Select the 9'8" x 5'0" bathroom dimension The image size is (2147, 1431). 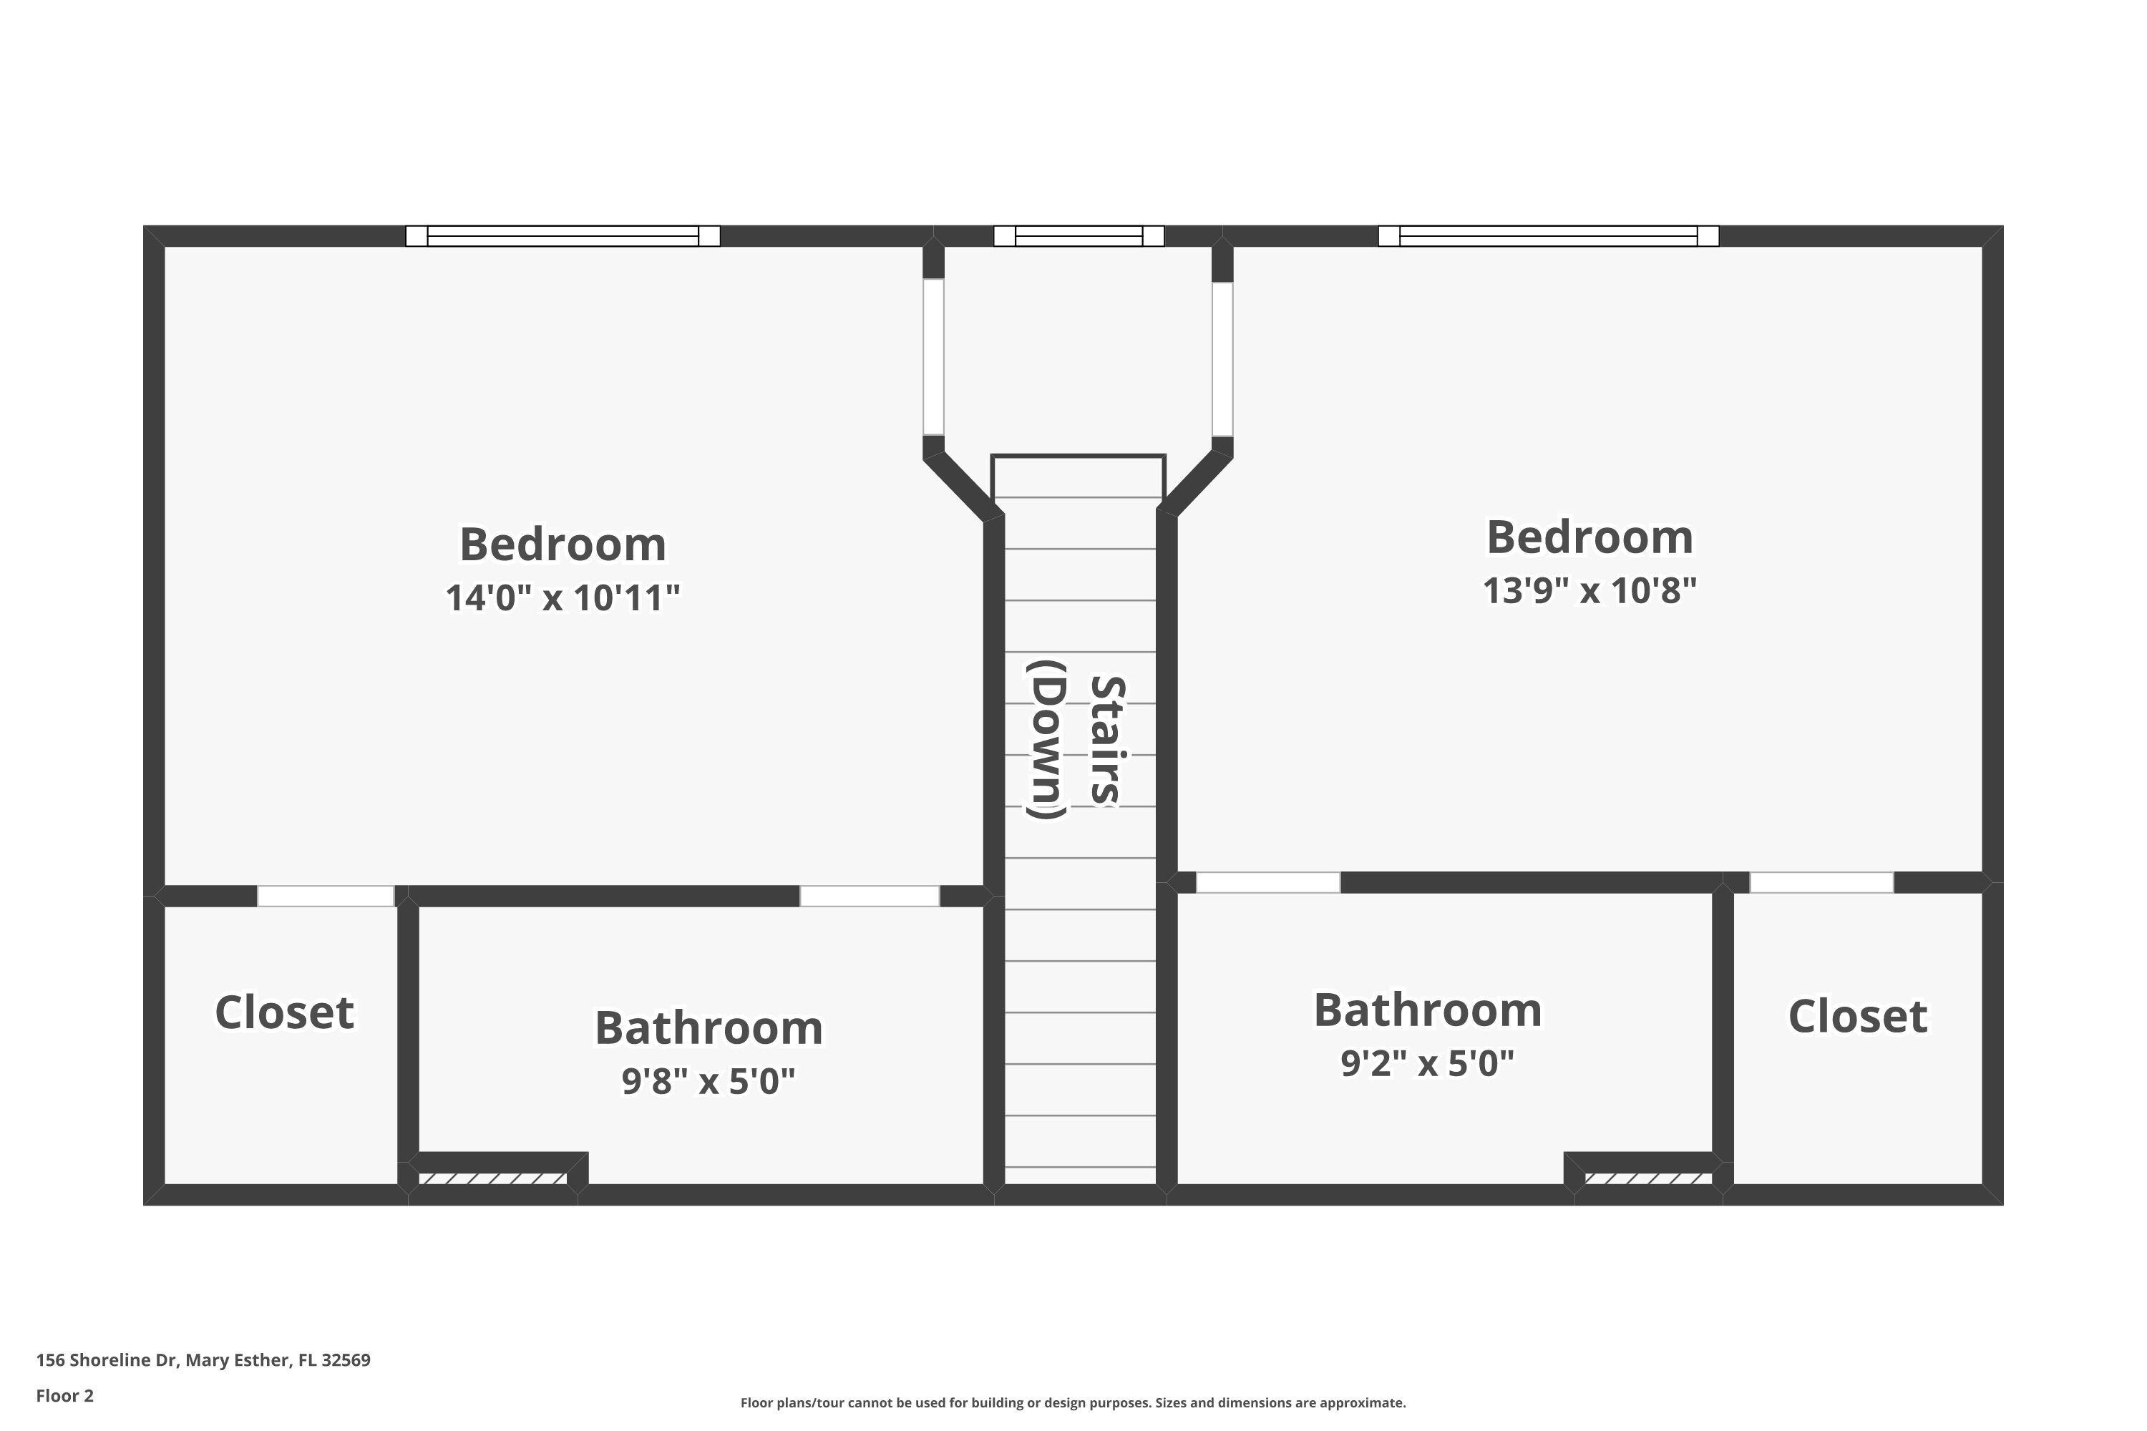tap(709, 1081)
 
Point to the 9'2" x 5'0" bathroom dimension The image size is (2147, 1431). tap(1427, 1063)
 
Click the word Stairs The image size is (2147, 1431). tap(1106, 739)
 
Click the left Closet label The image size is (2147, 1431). tap(284, 1012)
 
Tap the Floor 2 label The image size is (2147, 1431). tap(65, 1395)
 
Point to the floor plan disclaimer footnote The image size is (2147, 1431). tap(1073, 1402)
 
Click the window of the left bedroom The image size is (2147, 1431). tap(563, 236)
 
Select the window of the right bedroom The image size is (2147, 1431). tap(1547, 236)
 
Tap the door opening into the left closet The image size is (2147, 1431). tap(325, 897)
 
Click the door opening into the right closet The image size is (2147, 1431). tap(1821, 882)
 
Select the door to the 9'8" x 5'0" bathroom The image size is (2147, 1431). tap(869, 897)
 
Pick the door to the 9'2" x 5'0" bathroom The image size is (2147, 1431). tap(1268, 882)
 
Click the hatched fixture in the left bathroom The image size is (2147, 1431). tap(493, 1179)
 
